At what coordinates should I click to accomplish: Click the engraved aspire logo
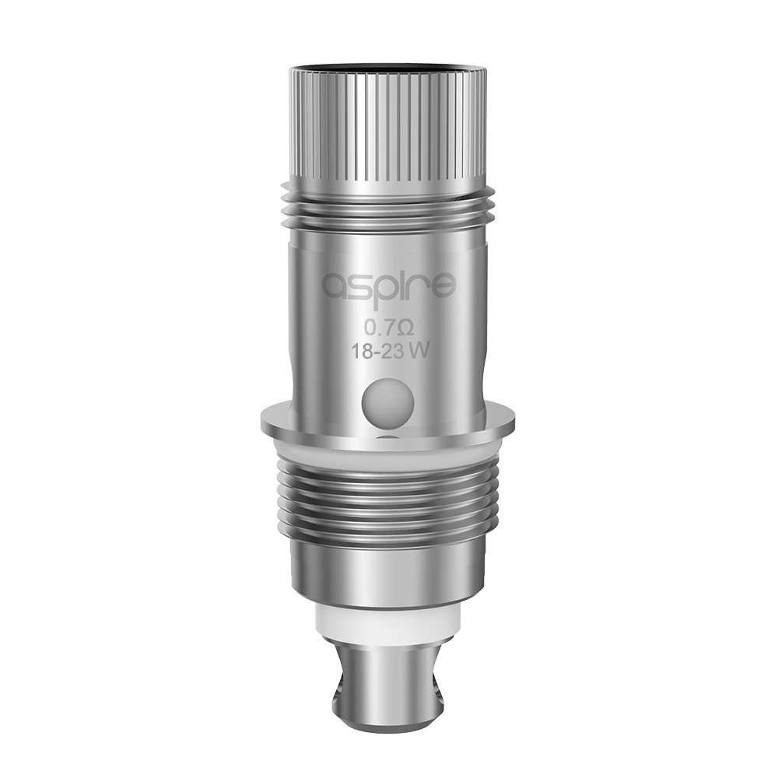click(x=388, y=286)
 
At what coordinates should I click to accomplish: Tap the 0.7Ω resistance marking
click(x=387, y=327)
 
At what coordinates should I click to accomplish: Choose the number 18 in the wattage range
click(x=359, y=350)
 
